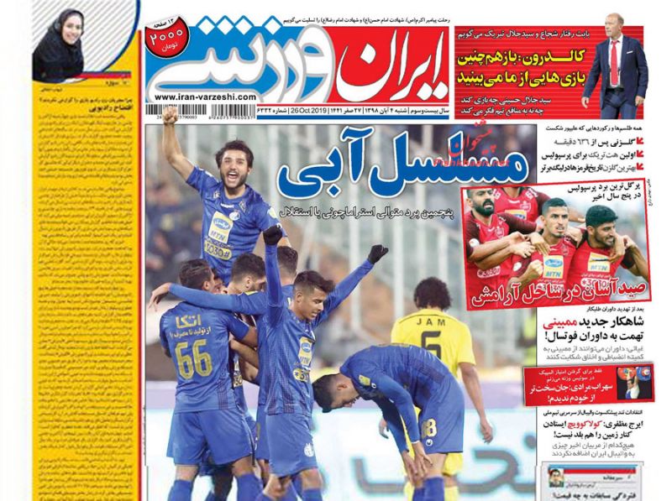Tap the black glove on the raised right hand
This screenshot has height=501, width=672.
(377, 252)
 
